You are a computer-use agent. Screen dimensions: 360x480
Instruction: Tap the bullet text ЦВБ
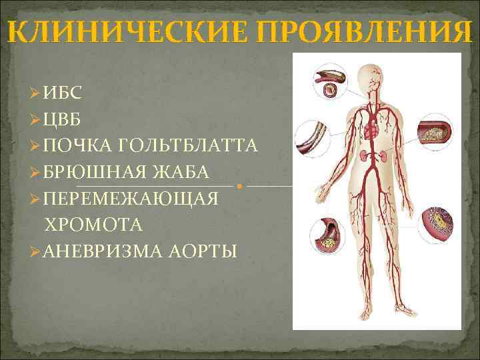point(65,120)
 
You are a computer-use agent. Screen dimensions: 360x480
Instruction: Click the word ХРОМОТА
point(93,225)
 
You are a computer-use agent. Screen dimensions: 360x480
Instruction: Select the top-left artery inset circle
point(329,83)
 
